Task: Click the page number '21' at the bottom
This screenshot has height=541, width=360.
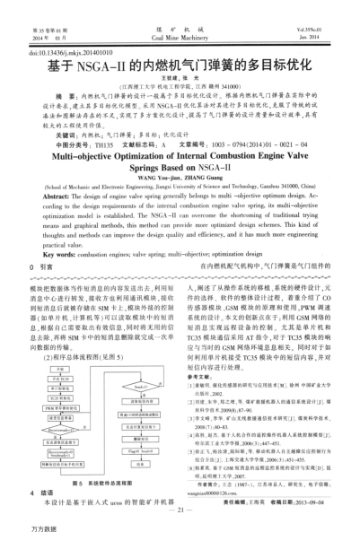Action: pyautogui.click(x=180, y=510)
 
